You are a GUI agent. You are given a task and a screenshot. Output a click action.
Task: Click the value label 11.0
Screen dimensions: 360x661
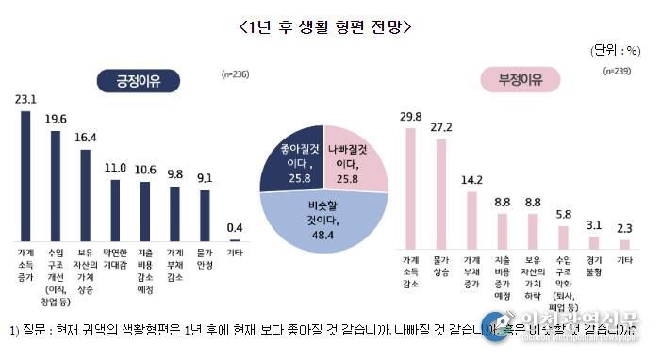114,168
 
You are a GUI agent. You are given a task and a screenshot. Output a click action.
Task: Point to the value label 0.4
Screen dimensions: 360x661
233,227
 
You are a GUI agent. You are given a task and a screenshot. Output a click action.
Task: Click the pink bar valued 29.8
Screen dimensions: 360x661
411,185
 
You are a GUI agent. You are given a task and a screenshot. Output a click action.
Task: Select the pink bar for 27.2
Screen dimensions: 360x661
441,189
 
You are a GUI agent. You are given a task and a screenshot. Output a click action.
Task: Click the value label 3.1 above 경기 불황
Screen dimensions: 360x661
592,223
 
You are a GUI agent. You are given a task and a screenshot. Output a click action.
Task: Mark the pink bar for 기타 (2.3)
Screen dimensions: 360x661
622,238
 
